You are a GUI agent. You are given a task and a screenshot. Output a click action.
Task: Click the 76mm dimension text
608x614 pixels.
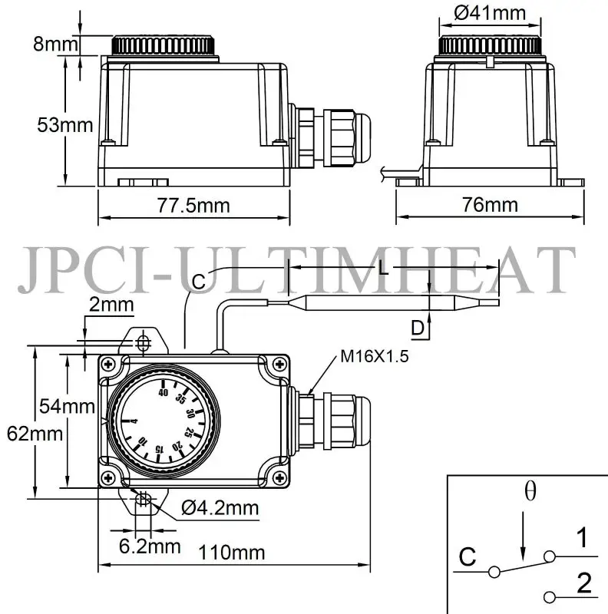489,205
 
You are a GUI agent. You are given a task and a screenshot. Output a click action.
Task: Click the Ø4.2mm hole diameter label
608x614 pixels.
220,507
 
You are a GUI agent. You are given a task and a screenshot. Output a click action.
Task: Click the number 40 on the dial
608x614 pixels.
163,392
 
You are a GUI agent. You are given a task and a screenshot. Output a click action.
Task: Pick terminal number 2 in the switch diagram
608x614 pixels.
583,585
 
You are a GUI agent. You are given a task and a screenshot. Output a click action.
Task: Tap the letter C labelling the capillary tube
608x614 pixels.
198,282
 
